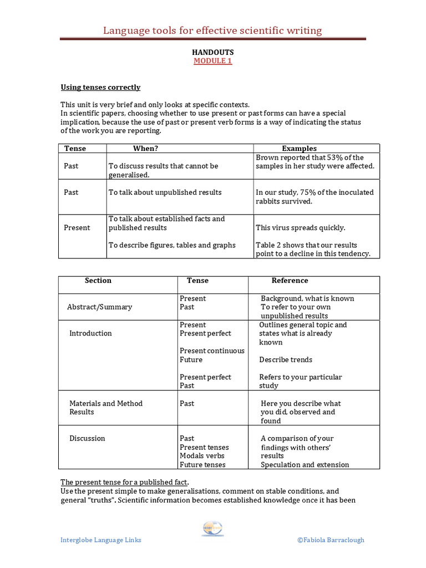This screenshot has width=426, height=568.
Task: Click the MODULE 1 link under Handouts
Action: point(212,61)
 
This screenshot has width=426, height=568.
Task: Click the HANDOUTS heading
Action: point(212,52)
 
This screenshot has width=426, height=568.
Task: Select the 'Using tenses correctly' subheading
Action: point(100,88)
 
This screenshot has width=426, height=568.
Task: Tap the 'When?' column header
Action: point(145,149)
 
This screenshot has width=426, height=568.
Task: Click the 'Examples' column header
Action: point(299,149)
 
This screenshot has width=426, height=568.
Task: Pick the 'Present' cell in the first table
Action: point(77,227)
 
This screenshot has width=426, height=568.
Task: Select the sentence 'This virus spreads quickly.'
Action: point(300,227)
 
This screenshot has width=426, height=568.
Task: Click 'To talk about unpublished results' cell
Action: point(165,192)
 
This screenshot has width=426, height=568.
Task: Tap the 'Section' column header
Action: point(98,281)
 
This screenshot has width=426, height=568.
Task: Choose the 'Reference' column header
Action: point(290,281)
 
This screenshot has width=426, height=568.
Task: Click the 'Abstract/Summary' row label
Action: point(99,307)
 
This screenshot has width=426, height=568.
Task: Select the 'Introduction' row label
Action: point(90,333)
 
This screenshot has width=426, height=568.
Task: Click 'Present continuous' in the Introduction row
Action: point(212,351)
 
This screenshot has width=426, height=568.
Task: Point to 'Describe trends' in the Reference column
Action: point(286,359)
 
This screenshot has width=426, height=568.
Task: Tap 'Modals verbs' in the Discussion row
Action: point(202,456)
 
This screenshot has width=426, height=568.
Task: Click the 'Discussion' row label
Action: point(87,438)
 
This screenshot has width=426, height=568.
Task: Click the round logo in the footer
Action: point(213,529)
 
